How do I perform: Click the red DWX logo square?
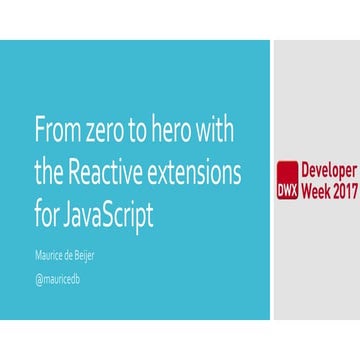[288, 178]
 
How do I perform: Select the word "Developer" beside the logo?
[330, 169]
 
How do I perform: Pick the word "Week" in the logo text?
[317, 187]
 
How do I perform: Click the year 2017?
[346, 187]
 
